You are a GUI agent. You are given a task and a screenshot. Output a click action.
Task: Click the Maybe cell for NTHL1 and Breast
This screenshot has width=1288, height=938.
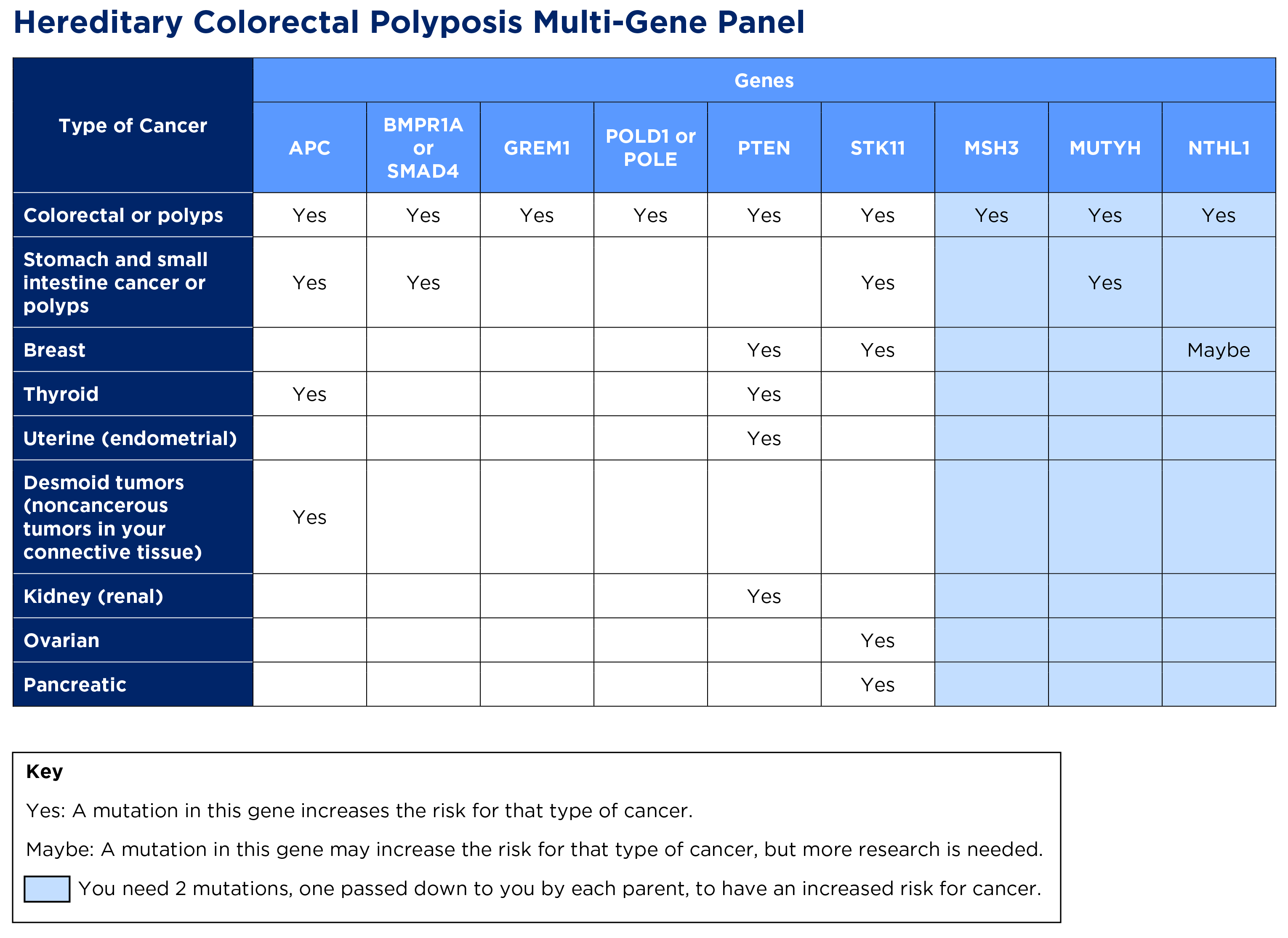pyautogui.click(x=1218, y=350)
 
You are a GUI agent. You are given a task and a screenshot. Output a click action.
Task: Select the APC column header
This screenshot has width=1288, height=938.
pyautogui.click(x=309, y=148)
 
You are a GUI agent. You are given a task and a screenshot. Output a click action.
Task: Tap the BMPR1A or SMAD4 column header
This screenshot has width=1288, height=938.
pyautogui.click(x=423, y=148)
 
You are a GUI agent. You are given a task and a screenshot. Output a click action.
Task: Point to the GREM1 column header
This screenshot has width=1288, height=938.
pyautogui.click(x=537, y=148)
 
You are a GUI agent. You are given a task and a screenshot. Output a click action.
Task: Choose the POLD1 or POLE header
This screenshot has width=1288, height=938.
pyautogui.click(x=650, y=148)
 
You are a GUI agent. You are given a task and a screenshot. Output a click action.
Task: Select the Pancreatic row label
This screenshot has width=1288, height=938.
pyautogui.click(x=75, y=685)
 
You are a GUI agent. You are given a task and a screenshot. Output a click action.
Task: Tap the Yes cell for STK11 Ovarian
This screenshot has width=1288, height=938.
pyautogui.click(x=878, y=640)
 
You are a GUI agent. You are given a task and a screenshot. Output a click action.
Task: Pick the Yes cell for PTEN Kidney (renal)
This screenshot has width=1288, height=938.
pyautogui.click(x=764, y=596)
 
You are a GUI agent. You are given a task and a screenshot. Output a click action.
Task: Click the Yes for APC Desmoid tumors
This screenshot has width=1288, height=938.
pyautogui.click(x=309, y=517)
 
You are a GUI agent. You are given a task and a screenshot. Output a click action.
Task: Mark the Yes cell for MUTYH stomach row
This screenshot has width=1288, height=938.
pyautogui.click(x=1104, y=282)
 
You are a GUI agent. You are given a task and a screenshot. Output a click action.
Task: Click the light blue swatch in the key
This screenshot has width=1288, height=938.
pyautogui.click(x=47, y=889)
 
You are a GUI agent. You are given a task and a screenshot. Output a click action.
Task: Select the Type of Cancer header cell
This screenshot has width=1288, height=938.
pyautogui.click(x=133, y=125)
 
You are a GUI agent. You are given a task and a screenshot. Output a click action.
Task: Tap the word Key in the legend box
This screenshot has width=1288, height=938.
pyautogui.click(x=44, y=772)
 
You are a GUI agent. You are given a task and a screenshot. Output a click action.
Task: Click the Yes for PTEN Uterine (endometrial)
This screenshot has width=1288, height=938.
pyautogui.click(x=764, y=438)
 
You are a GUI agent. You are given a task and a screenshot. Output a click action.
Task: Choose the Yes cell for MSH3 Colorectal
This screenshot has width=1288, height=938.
pyautogui.click(x=991, y=215)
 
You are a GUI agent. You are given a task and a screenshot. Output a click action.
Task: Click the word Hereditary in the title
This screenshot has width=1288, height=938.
pyautogui.click(x=98, y=23)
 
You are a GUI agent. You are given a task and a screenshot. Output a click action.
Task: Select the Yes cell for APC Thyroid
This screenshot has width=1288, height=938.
pyautogui.click(x=309, y=394)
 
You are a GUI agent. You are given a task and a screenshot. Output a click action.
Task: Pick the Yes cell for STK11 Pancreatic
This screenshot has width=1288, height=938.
pyautogui.click(x=878, y=685)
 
